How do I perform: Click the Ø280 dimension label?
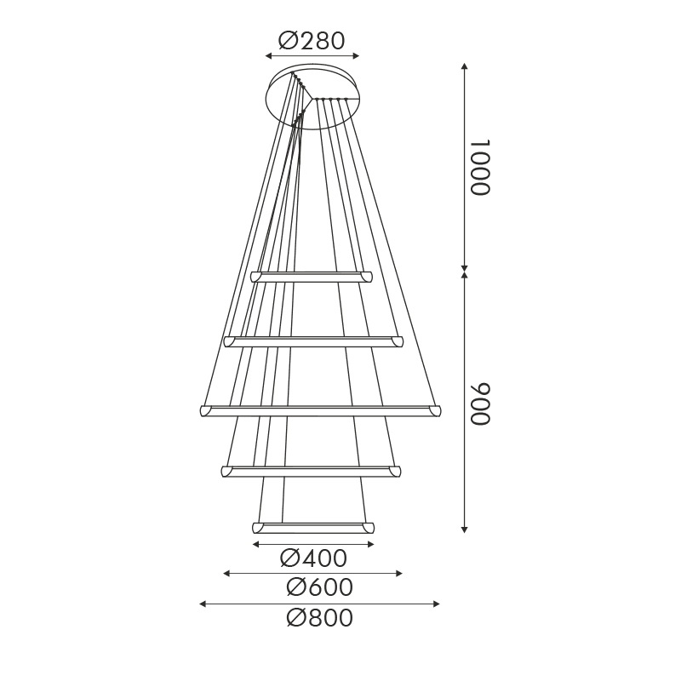pyautogui.click(x=312, y=40)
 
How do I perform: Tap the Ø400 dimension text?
pyautogui.click(x=313, y=558)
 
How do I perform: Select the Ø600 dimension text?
pyautogui.click(x=319, y=587)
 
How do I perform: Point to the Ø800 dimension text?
pyautogui.click(x=319, y=618)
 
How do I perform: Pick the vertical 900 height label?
pyautogui.click(x=482, y=403)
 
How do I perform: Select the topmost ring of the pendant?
pyautogui.click(x=312, y=277)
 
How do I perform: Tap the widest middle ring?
pyautogui.click(x=321, y=411)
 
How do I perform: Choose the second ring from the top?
pyautogui.click(x=312, y=341)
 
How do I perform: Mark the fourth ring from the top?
pyautogui.click(x=311, y=471)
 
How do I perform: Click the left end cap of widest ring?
pyautogui.click(x=204, y=411)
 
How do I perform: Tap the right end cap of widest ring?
pyautogui.click(x=437, y=411)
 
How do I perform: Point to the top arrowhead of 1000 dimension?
pyautogui.click(x=464, y=66)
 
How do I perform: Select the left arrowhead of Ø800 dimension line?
pyautogui.click(x=203, y=604)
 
